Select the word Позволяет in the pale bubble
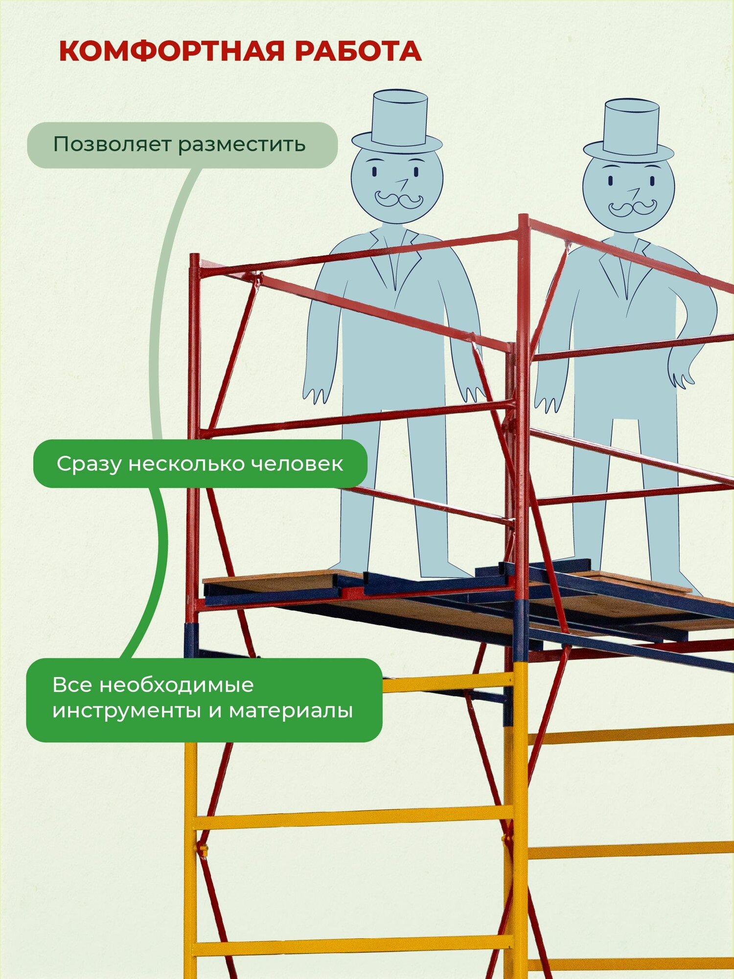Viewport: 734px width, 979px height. click(x=112, y=145)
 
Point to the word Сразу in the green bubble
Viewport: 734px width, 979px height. click(x=89, y=464)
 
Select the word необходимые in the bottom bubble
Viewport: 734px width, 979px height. click(x=176, y=685)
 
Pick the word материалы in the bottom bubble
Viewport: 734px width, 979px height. click(x=291, y=710)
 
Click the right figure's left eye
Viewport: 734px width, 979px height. click(x=611, y=181)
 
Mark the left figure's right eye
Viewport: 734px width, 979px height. click(x=416, y=172)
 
